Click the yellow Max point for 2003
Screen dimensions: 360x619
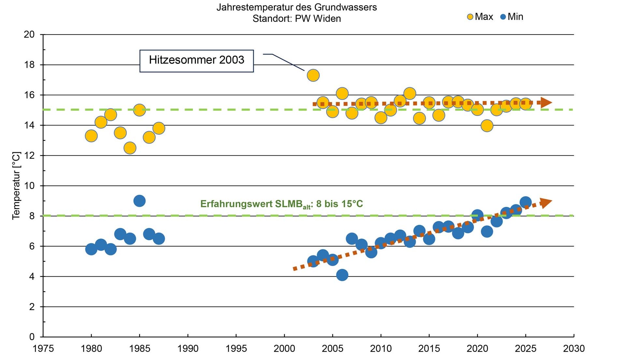coord(313,75)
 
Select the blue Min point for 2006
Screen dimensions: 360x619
coord(342,275)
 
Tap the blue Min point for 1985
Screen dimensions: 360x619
coord(139,201)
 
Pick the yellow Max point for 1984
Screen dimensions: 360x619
coord(130,148)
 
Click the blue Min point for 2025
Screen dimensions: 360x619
coord(525,202)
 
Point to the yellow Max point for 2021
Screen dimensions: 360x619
coord(487,125)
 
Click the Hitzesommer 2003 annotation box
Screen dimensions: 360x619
coord(196,61)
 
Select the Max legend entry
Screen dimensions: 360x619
coord(480,17)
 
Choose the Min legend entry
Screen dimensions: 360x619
coord(511,17)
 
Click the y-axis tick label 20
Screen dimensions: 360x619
coord(29,34)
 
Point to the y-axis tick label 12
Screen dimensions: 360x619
coord(29,155)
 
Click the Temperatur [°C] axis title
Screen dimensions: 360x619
coord(16,186)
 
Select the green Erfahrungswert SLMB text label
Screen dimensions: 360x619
coord(281,204)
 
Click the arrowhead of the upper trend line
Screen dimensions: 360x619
coord(546,103)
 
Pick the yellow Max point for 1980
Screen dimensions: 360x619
coord(91,136)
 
